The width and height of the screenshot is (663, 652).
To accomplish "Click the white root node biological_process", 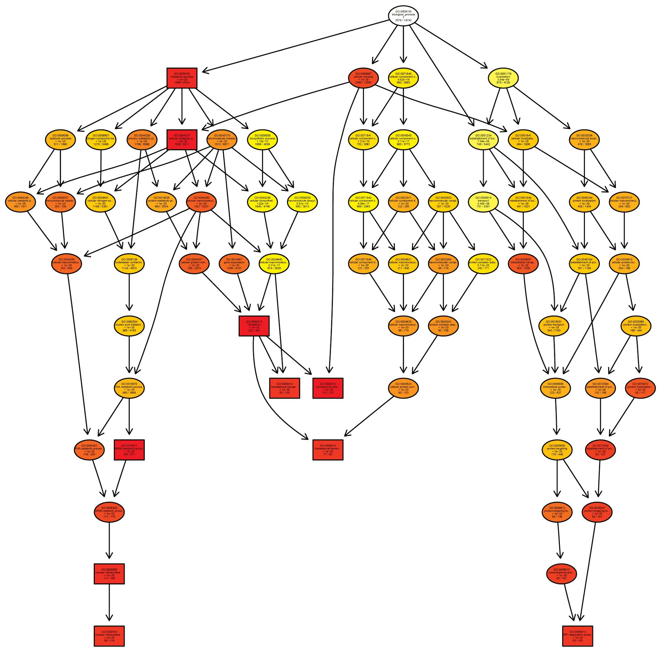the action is (403, 15).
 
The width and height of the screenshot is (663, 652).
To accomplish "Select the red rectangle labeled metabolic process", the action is (182, 78).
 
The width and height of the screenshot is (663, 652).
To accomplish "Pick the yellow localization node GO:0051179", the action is (503, 78).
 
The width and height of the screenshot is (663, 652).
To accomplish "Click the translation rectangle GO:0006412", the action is (254, 326).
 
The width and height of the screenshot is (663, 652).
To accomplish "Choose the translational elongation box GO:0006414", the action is (284, 388).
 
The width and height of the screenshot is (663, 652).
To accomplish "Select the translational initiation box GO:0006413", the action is (327, 388).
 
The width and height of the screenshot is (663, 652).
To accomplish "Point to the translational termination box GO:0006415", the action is (327, 449).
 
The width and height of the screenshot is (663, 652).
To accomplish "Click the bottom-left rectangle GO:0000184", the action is (109, 636).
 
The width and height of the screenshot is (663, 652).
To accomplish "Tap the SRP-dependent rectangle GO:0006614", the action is (577, 636).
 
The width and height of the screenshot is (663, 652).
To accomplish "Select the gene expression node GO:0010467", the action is (234, 264).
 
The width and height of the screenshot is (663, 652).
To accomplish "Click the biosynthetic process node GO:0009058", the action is (262, 140).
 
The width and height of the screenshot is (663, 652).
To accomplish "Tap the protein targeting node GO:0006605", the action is (557, 449).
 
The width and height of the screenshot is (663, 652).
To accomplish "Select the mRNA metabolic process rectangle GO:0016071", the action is (129, 449).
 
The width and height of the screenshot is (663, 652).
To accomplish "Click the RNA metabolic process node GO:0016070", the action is (129, 388).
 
